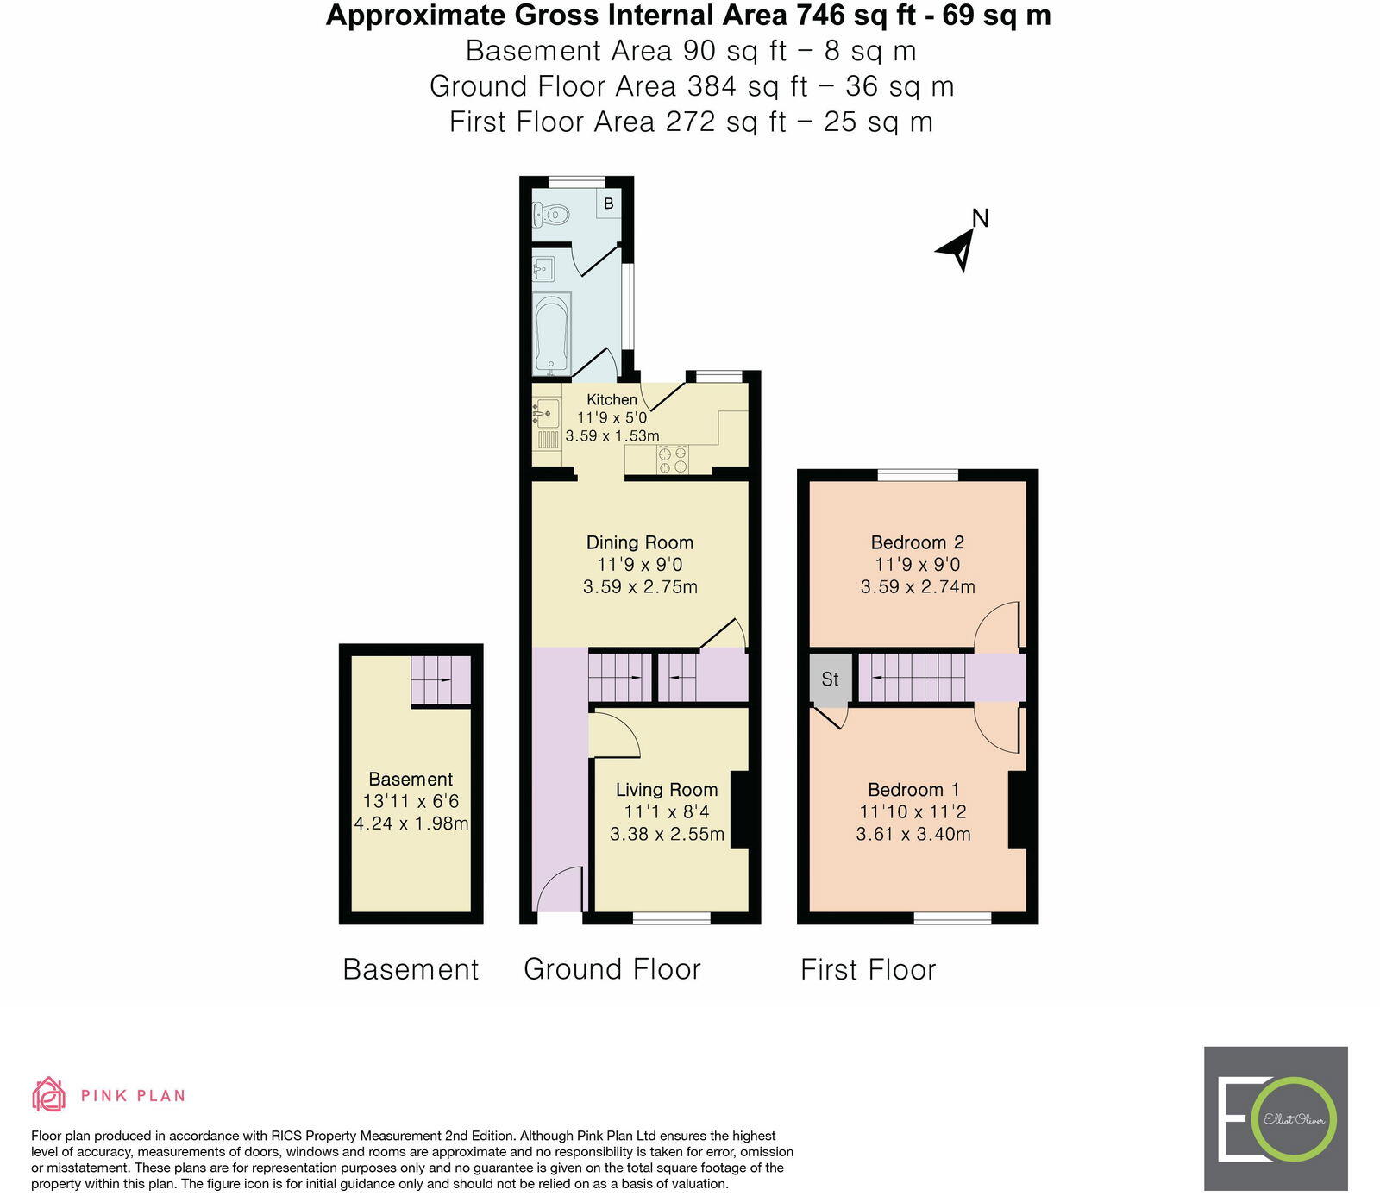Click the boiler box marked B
[x=609, y=204]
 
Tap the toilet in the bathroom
[x=550, y=212]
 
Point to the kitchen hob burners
[x=673, y=459]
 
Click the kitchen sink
[x=544, y=414]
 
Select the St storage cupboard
[x=830, y=679]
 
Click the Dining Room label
[x=639, y=542]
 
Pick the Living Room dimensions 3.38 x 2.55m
[x=667, y=834]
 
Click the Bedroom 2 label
[x=917, y=542]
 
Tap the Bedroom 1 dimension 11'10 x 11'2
[x=913, y=811]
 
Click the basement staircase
[x=441, y=679]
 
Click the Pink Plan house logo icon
[x=49, y=1094]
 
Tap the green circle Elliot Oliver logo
[x=1294, y=1119]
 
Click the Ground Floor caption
[x=612, y=968]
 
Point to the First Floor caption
[x=868, y=968]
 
